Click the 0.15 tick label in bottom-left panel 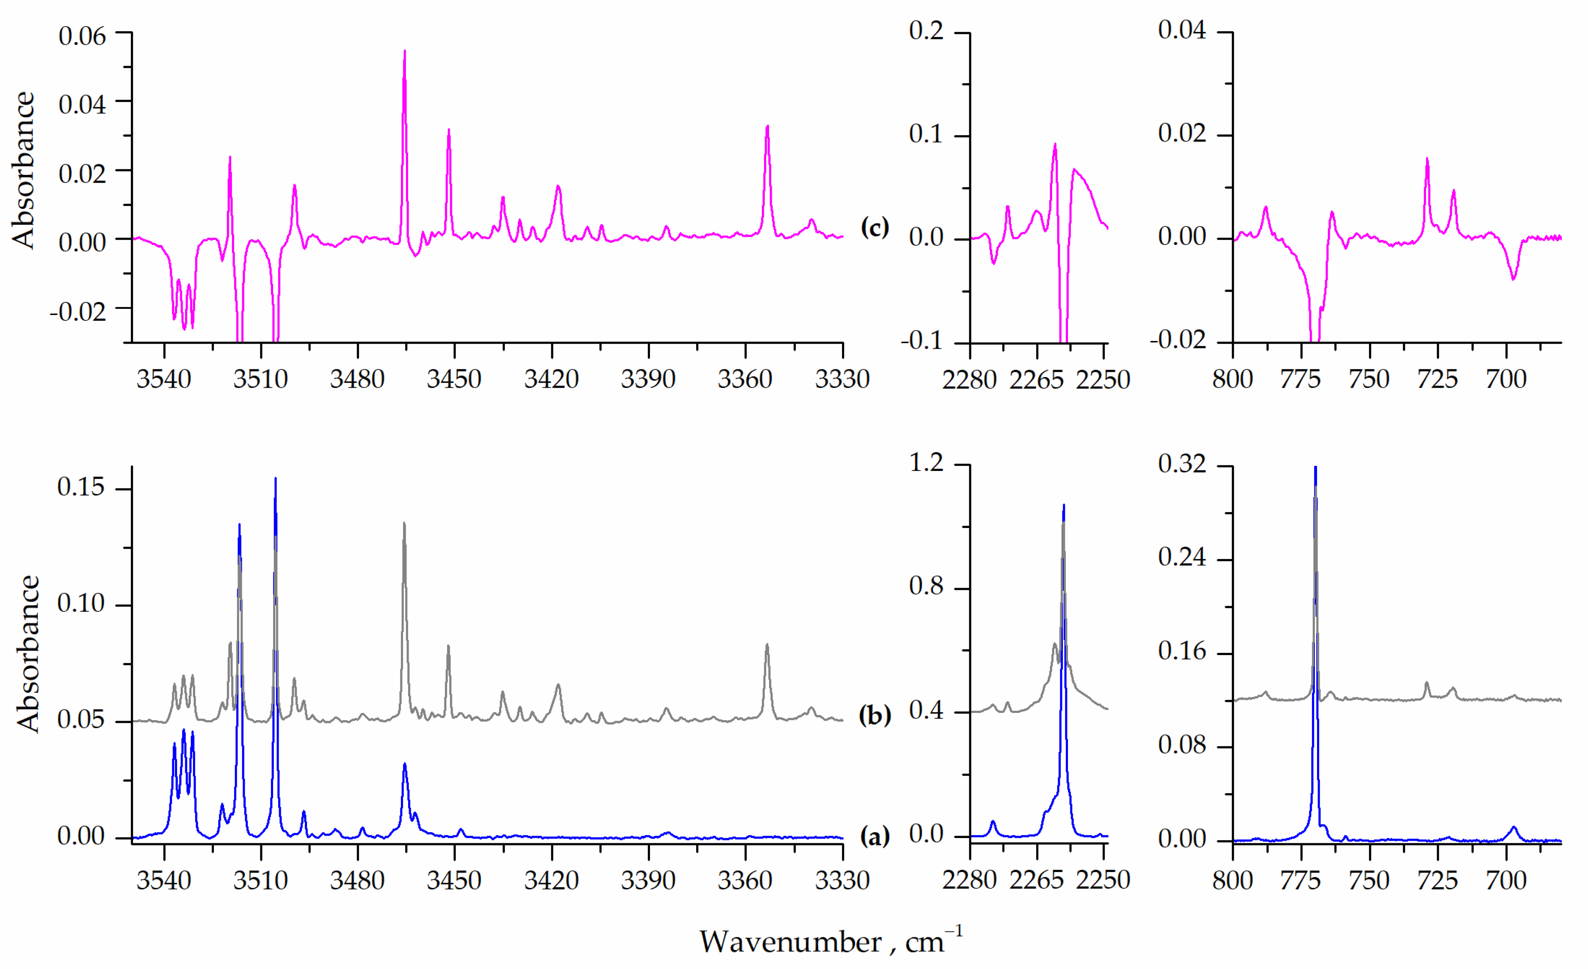(x=81, y=487)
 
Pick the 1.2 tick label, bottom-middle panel (x=926, y=462)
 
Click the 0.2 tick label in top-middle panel (x=926, y=30)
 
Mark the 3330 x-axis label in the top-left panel (x=842, y=379)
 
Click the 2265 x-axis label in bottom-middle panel (x=1036, y=880)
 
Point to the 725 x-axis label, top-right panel (x=1437, y=379)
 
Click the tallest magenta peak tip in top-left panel (x=404, y=51)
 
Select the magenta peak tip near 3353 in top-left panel (x=767, y=127)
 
